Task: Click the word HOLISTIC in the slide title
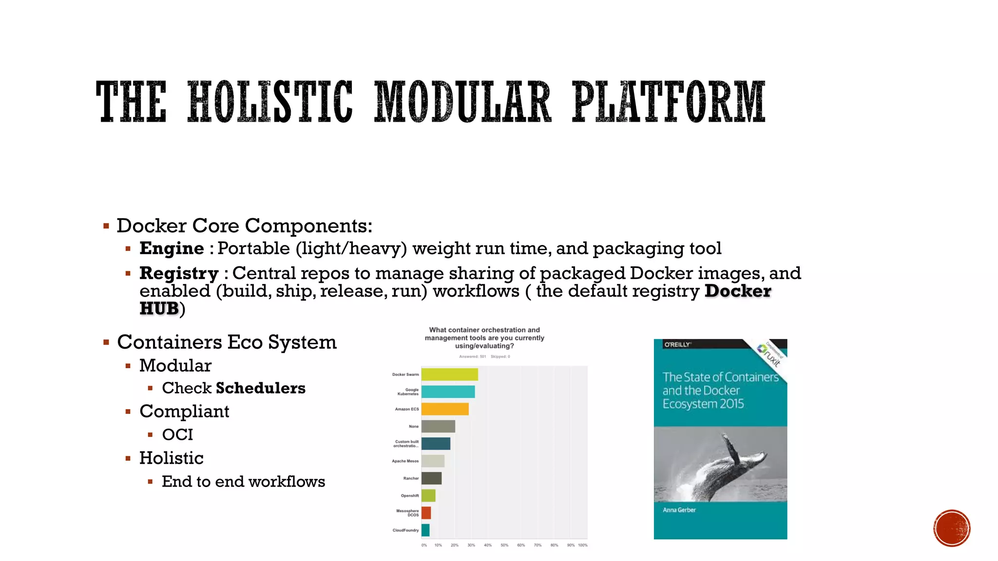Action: pos(270,102)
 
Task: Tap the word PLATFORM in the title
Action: pos(668,102)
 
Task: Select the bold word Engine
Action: pos(172,248)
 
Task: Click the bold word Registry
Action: pos(179,273)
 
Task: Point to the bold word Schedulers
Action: pos(260,388)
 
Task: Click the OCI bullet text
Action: pos(177,434)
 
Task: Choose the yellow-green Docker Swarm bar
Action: pos(449,374)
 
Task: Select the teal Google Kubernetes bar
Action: pos(448,392)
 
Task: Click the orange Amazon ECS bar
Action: pos(445,409)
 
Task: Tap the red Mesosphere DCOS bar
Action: pos(426,513)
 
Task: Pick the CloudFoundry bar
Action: pos(425,530)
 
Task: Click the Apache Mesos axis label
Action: pos(405,461)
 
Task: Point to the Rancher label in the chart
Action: pos(411,478)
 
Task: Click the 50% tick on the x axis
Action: pos(504,545)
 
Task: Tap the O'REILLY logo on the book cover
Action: pos(677,345)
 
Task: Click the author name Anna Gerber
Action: pos(679,510)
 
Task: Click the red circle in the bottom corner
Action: pos(952,528)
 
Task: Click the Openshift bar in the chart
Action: pos(428,496)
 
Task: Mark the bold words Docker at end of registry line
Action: pos(738,291)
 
